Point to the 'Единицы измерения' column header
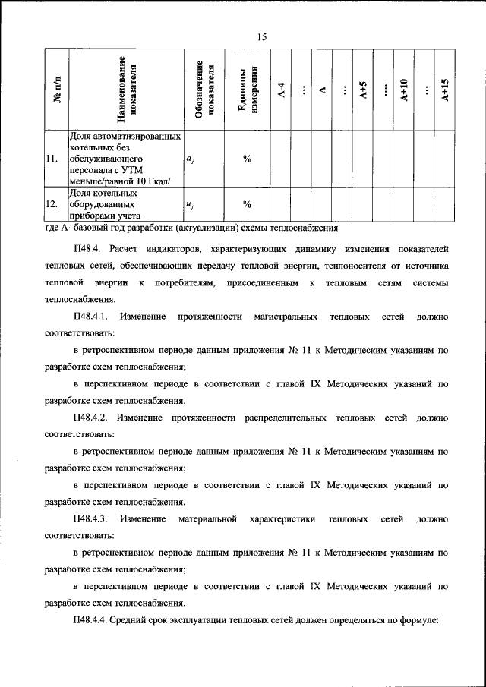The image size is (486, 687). pos(248,90)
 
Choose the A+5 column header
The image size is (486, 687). pos(364,90)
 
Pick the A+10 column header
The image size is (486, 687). pos(406,90)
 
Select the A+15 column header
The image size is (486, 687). pos(447,90)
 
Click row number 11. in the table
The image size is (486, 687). pos(52,159)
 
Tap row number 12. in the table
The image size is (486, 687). pos(52,204)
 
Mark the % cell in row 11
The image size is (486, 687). pos(247,159)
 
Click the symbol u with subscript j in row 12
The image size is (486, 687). pos(189,204)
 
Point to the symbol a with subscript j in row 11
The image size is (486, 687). pos(189,159)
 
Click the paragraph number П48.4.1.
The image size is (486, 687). pos(92,315)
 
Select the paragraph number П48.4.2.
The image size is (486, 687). pos(92,418)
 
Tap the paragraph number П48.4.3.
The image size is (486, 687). pos(92,519)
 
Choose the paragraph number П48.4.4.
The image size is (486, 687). pos(92,621)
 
